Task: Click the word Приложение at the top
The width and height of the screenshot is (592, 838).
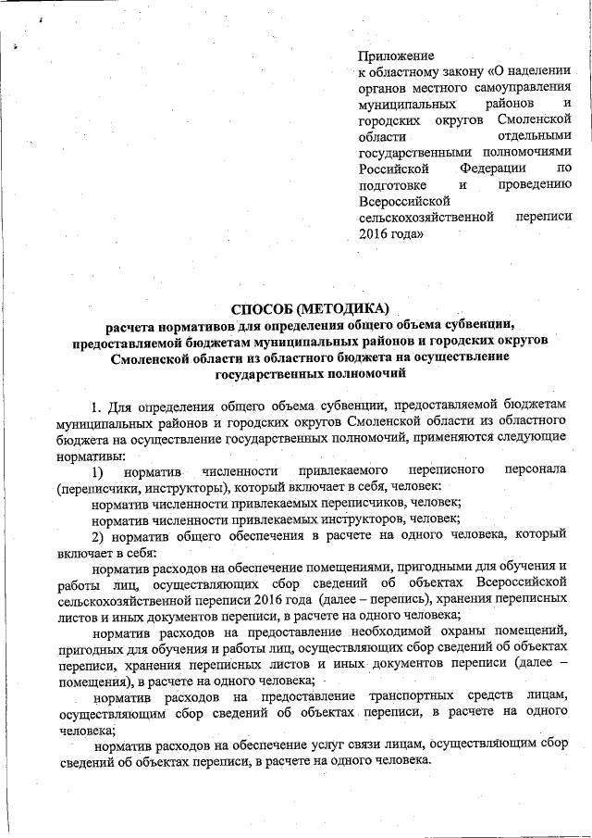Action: coord(396,56)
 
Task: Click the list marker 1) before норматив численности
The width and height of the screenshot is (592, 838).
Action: coord(96,471)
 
